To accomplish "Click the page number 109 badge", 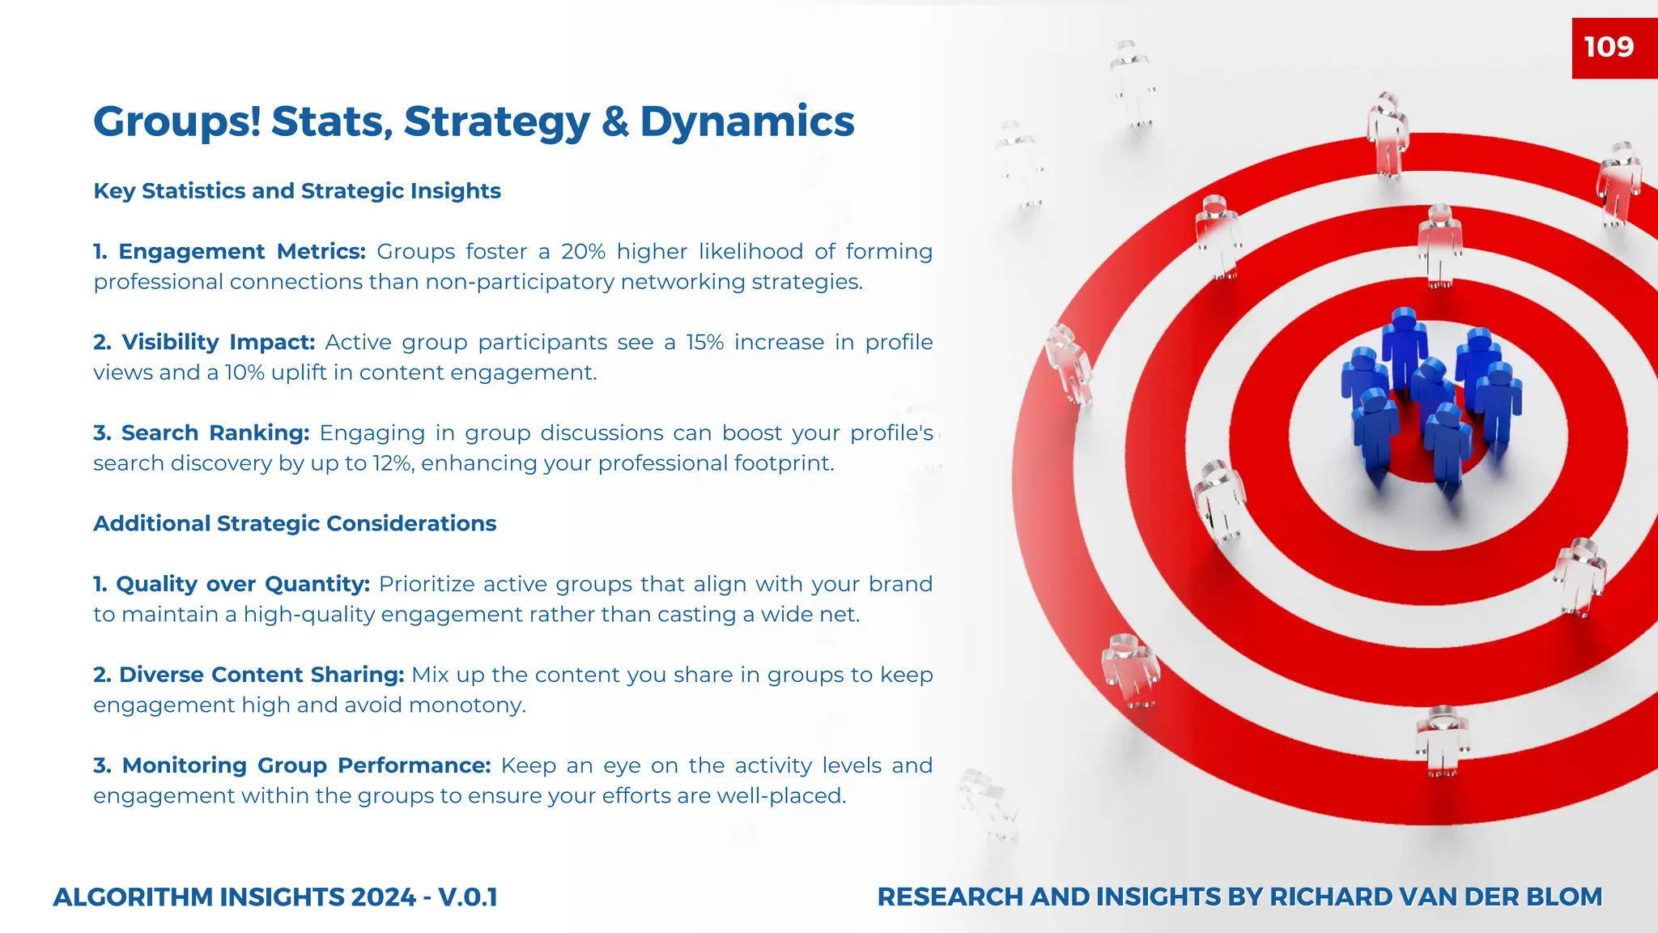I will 1609,47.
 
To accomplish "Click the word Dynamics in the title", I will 746,122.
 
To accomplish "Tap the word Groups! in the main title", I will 176,122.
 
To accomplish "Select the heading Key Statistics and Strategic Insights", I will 297,191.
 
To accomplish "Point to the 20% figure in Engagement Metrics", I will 583,252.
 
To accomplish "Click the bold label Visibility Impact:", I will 204,343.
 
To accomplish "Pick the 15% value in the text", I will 704,343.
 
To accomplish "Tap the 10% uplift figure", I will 244,373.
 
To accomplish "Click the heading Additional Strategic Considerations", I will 295,524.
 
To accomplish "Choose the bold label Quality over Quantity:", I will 232,584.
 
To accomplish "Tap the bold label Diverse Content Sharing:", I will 249,675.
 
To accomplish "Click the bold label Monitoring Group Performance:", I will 292,765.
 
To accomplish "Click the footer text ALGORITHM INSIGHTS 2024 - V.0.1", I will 275,897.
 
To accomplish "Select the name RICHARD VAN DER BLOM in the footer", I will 1435,897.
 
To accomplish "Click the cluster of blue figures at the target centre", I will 1429,397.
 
